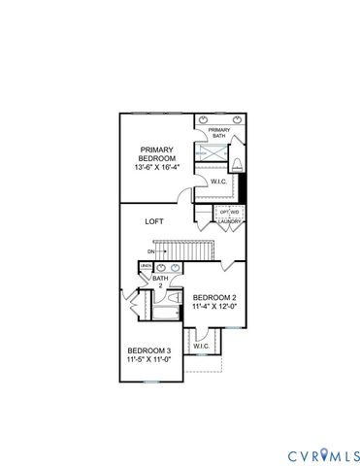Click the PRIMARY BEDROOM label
coord(155,154)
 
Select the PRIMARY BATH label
coord(218,134)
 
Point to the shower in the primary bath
coord(211,152)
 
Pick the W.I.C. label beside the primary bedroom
coord(218,182)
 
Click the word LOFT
coord(153,221)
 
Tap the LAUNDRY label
coord(230,221)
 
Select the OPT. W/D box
coord(229,211)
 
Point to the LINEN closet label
coord(146,266)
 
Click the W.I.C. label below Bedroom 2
coord(201,346)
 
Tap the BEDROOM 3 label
coord(149,350)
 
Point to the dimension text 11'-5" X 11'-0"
coord(149,360)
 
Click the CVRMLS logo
coord(322,455)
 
